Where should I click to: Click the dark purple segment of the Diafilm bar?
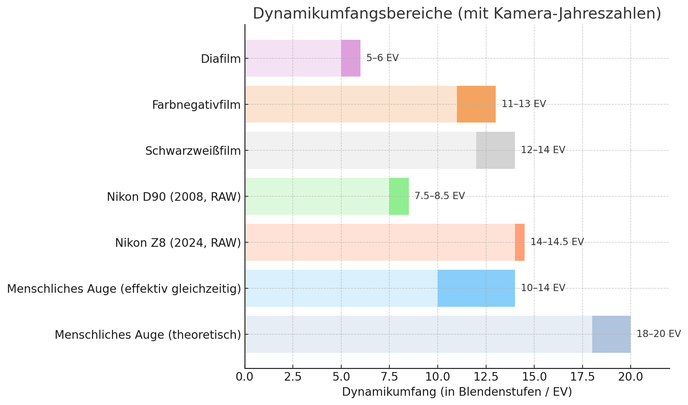click(x=351, y=58)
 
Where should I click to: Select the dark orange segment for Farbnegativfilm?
click(x=476, y=104)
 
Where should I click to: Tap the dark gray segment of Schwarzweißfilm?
click(x=495, y=150)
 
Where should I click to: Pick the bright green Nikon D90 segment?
click(x=399, y=196)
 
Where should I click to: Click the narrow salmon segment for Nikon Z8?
click(x=520, y=242)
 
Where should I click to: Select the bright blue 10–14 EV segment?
click(x=476, y=288)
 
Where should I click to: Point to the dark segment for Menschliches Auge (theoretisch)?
click(x=611, y=334)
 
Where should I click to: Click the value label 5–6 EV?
click(x=382, y=58)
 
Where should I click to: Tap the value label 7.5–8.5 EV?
click(x=439, y=196)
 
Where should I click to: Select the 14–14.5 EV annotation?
click(x=557, y=242)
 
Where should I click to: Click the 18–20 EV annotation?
click(x=658, y=334)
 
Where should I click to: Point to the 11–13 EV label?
click(x=524, y=104)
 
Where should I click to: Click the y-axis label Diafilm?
click(x=221, y=59)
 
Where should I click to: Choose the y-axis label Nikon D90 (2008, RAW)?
click(x=174, y=197)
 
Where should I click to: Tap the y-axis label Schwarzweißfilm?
click(x=193, y=151)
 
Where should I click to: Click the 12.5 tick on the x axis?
click(x=485, y=377)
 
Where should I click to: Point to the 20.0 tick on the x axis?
click(x=630, y=377)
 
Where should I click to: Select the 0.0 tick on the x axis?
click(x=244, y=377)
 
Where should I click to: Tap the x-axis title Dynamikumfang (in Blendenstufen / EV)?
click(x=457, y=392)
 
